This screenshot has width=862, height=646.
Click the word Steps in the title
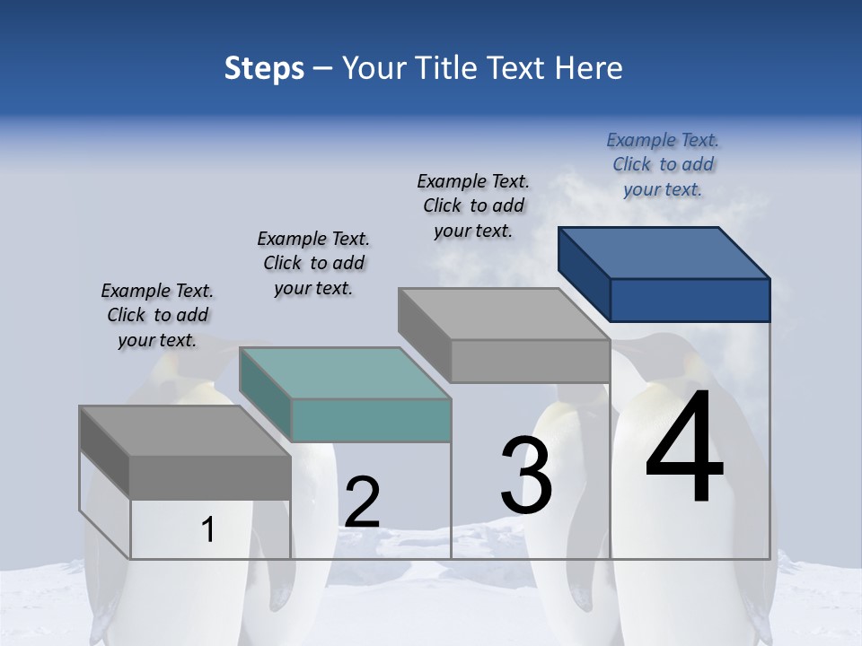(x=264, y=68)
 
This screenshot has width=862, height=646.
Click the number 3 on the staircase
(x=526, y=476)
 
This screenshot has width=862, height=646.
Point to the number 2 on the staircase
(x=362, y=502)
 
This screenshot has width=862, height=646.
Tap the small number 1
(x=208, y=530)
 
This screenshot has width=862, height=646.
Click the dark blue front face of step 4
(x=690, y=300)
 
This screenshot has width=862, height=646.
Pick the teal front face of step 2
(x=371, y=420)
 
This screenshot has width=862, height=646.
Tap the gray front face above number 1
(x=210, y=477)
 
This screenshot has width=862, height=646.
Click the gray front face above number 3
(x=530, y=361)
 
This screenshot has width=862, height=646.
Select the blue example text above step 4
(x=663, y=164)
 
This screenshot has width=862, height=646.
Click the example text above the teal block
(x=313, y=263)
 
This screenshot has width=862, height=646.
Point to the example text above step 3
(x=473, y=205)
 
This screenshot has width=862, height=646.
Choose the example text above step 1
(x=157, y=315)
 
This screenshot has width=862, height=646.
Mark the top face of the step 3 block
(x=504, y=314)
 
